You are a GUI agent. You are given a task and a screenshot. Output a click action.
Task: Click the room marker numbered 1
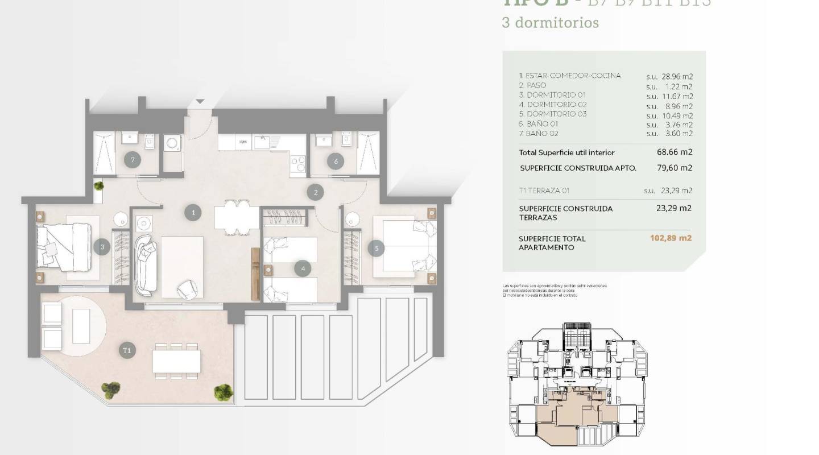pyautogui.click(x=193, y=213)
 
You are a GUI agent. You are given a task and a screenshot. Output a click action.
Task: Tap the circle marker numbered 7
pyautogui.click(x=133, y=160)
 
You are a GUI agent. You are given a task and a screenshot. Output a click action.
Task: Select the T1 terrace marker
pyautogui.click(x=127, y=350)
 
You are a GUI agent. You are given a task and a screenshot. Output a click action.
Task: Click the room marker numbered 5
pyautogui.click(x=376, y=248)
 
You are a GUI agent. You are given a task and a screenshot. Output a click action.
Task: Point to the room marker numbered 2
pyautogui.click(x=315, y=192)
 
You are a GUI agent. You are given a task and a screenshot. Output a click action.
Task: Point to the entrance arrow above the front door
pyautogui.click(x=200, y=102)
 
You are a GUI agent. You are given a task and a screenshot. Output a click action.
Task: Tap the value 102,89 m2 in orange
pyautogui.click(x=671, y=238)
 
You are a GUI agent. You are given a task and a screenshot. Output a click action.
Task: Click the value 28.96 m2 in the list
pyautogui.click(x=677, y=76)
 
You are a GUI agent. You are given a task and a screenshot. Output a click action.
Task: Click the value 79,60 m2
pyautogui.click(x=674, y=168)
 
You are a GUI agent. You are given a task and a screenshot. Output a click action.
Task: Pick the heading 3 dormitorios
pyautogui.click(x=542, y=23)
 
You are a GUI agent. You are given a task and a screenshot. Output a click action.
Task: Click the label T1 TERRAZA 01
pyautogui.click(x=544, y=191)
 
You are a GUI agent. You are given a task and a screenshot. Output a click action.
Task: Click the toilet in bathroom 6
pyautogui.click(x=346, y=140)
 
